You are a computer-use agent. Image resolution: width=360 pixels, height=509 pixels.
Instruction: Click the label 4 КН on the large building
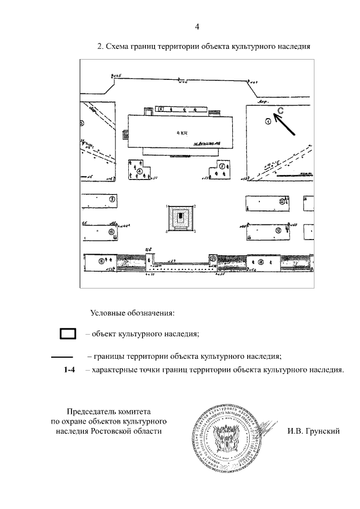(x=181, y=133)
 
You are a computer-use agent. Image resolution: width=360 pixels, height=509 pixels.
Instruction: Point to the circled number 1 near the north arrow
(x=268, y=121)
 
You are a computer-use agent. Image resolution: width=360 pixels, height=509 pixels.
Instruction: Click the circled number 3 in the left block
(x=112, y=199)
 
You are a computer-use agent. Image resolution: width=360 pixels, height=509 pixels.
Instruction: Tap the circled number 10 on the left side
(x=111, y=231)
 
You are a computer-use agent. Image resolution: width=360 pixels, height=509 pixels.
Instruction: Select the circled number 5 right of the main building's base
(x=222, y=166)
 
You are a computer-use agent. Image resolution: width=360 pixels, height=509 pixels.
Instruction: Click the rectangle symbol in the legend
(x=68, y=334)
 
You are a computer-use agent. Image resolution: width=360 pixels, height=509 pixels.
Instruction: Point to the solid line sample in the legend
(x=62, y=357)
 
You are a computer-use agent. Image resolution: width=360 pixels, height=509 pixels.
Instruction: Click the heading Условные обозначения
(x=132, y=312)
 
